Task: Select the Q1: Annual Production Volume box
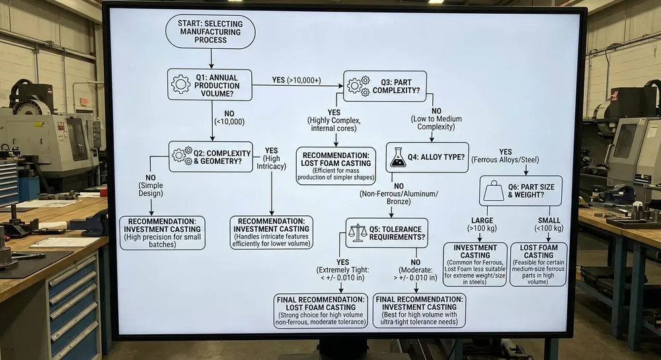point(210,85)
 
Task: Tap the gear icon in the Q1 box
point(180,85)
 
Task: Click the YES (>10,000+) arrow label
point(296,80)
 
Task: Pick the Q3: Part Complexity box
point(385,86)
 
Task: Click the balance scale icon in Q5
point(357,233)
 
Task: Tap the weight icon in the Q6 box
point(493,191)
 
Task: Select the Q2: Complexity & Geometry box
point(211,156)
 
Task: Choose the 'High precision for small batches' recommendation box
point(162,233)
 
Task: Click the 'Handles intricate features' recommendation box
point(271,233)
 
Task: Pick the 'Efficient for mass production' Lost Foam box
point(336,165)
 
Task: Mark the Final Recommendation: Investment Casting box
point(419,310)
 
